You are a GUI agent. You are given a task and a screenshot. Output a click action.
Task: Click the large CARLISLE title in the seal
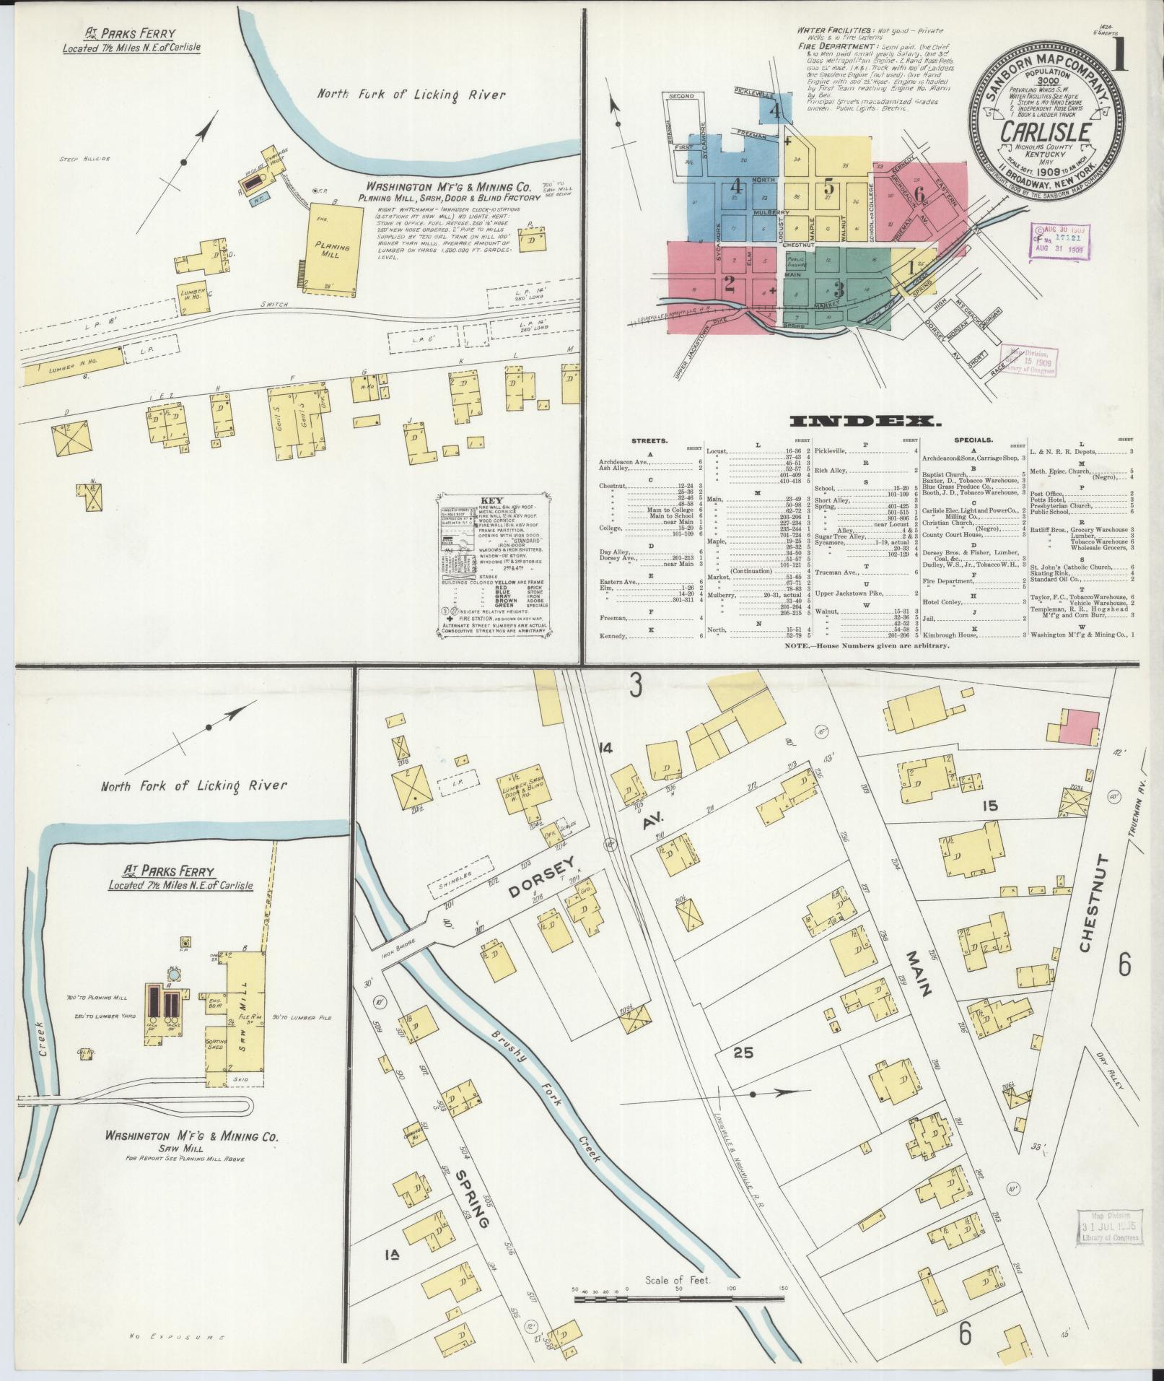(x=1044, y=132)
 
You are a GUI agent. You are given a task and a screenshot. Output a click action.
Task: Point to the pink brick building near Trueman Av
(x=1080, y=726)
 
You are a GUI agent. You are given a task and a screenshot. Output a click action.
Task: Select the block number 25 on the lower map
(x=743, y=1053)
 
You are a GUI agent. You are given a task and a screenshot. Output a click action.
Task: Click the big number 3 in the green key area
(x=838, y=289)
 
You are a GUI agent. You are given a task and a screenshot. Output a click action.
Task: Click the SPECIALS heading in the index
(x=973, y=439)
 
